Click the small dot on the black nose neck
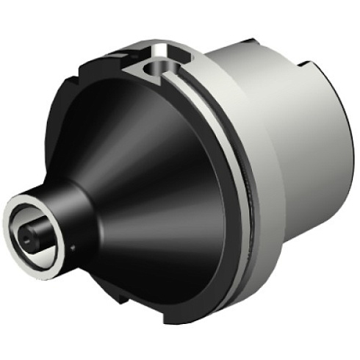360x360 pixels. pyautogui.click(x=73, y=248)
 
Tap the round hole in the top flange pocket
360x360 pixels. pyautogui.click(x=156, y=71)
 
